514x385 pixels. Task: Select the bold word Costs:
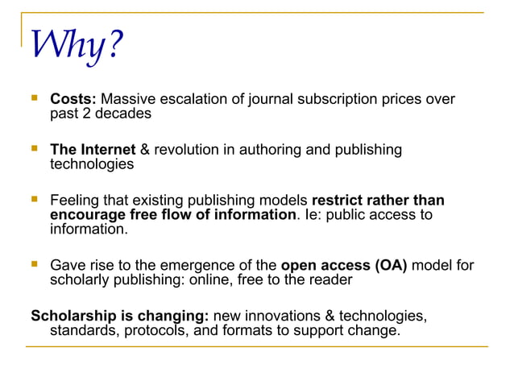(x=73, y=100)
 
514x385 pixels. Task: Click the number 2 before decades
(x=85, y=114)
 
